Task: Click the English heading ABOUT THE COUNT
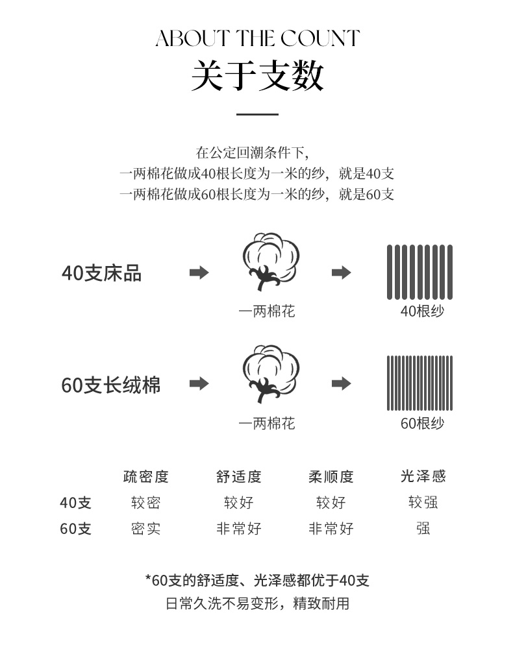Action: coord(257,38)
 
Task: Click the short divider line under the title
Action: coord(257,114)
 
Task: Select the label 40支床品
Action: coord(101,273)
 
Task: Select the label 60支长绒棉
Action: coord(111,385)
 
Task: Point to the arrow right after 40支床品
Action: coord(199,273)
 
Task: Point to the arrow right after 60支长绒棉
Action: coord(199,384)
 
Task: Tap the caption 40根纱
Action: coord(422,311)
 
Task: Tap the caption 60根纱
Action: coord(422,424)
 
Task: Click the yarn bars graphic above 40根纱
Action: coord(419,272)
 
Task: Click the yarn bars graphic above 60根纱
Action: coord(419,383)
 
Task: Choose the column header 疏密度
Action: coord(146,477)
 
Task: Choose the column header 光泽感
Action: coord(423,477)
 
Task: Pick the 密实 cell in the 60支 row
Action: coord(146,529)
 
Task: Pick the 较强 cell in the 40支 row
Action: coord(423,503)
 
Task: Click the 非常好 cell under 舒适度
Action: coord(239,529)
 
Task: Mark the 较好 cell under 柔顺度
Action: coord(331,503)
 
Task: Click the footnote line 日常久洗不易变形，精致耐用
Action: coord(257,603)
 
